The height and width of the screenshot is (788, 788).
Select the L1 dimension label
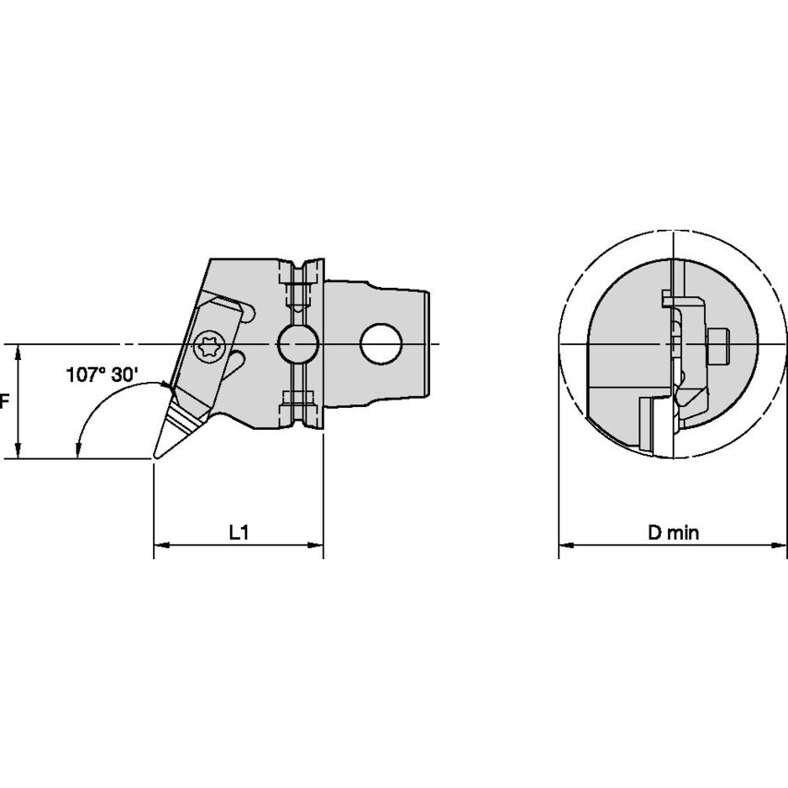pos(239,532)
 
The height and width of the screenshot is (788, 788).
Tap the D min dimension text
pos(673,532)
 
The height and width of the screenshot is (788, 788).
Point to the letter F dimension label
pos(4,401)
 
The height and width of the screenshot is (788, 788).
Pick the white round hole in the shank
pos(381,344)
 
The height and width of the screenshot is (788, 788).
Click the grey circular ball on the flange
pos(298,344)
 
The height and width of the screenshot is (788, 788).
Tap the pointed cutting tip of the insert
pos(155,458)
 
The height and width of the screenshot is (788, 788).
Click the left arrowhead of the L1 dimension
pos(161,544)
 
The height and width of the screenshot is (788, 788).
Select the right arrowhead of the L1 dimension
pos(316,544)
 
